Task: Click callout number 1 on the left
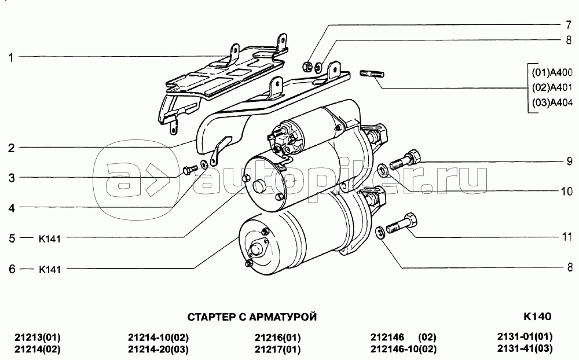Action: coord(11,58)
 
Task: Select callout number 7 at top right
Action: coord(569,25)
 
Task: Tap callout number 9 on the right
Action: coord(569,161)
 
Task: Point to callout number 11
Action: coord(567,236)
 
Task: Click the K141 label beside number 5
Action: coord(49,238)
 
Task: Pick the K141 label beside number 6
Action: coord(49,269)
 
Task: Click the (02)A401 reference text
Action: coord(552,87)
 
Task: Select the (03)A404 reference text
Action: coord(552,102)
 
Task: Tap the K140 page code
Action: coord(537,317)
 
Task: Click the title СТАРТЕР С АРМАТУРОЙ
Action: coord(252,317)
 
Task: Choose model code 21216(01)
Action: coord(277,337)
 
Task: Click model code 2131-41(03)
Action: coord(525,348)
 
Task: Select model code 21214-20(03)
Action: coord(158,349)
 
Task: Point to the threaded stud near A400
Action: coord(372,74)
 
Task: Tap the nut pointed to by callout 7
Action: coord(307,67)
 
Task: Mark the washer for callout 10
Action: coord(383,170)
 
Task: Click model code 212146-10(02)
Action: coord(403,349)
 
